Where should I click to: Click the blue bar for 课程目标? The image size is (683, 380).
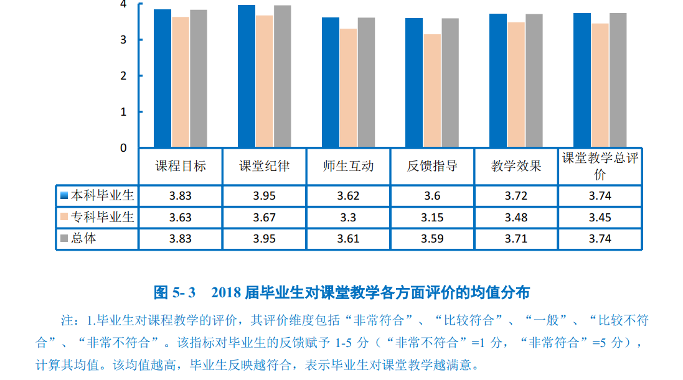[x=163, y=78]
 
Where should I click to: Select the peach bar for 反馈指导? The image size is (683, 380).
[x=432, y=91]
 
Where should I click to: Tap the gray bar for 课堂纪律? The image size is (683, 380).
[x=282, y=76]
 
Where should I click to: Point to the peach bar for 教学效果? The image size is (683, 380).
[x=516, y=85]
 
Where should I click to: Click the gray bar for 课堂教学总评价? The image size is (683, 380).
[x=618, y=80]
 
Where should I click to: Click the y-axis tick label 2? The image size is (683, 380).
[x=123, y=76]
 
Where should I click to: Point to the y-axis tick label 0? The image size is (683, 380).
[x=123, y=148]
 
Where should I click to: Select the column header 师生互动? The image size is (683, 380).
[x=348, y=166]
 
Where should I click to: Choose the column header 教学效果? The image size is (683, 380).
[x=516, y=166]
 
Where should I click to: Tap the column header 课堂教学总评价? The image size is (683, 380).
[x=600, y=166]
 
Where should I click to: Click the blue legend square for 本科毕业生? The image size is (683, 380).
[x=64, y=196]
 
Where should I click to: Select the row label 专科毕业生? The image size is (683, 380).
[x=101, y=217]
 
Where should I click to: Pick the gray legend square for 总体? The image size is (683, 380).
[x=64, y=238]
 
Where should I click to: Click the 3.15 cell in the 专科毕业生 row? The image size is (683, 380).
[x=432, y=218]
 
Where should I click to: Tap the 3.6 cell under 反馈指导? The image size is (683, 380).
[x=432, y=196]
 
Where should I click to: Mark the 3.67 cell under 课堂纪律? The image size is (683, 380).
[x=264, y=218]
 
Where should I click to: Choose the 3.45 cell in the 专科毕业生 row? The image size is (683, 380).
[x=600, y=218]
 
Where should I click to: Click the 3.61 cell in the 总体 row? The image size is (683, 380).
[x=348, y=239]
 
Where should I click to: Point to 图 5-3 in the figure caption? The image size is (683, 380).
[x=174, y=292]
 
